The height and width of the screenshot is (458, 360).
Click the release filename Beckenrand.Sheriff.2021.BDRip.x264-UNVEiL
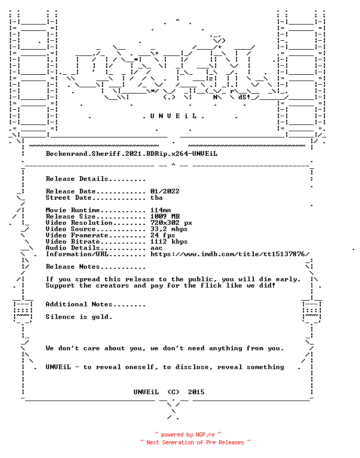tap(132, 154)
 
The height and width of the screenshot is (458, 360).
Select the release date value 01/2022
tap(165, 191)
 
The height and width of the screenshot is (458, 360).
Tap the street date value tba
tap(156, 198)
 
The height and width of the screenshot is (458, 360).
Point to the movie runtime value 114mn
tap(161, 210)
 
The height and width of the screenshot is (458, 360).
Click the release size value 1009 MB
tap(165, 216)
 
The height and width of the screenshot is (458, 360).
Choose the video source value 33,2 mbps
tap(169, 229)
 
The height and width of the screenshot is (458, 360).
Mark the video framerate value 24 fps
tap(163, 235)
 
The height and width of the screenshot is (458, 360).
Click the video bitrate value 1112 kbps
tap(169, 242)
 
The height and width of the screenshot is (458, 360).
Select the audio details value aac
tap(156, 248)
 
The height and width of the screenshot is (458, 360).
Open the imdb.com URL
tap(230, 254)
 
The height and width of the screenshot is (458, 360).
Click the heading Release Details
tap(77, 179)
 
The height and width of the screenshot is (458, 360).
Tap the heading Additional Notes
tap(79, 304)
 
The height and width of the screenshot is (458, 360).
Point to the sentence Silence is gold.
tap(79, 317)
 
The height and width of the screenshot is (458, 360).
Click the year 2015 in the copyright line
tap(196, 392)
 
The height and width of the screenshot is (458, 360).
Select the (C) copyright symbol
tap(173, 392)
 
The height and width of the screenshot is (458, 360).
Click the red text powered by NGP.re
tap(188, 434)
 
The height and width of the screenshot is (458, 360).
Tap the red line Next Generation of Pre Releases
tap(195, 442)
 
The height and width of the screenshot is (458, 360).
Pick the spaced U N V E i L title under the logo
tap(173, 116)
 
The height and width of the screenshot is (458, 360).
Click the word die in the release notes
tap(265, 279)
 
